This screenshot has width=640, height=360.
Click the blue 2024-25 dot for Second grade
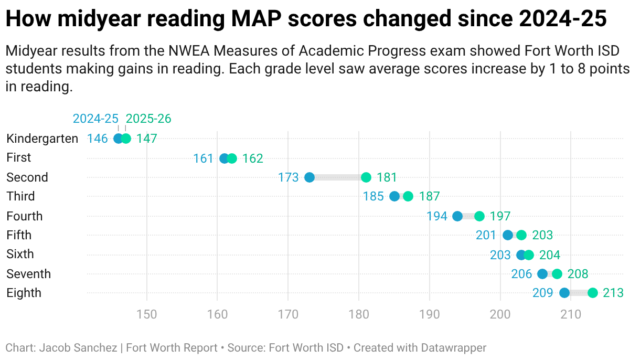[x=310, y=177]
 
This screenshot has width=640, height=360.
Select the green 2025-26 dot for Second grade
[x=366, y=177]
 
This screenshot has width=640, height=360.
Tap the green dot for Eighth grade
[x=593, y=293]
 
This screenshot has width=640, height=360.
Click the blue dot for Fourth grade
[x=457, y=216]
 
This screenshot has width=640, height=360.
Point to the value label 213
[x=613, y=293]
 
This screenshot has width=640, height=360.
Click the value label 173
[x=288, y=177]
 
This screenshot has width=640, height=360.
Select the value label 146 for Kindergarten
[x=97, y=139]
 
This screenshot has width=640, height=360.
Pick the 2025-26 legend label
[x=148, y=119]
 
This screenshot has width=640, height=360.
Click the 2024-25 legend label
[x=95, y=119]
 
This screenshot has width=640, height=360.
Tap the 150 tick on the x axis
[x=147, y=315]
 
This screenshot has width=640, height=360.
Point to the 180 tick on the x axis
[x=359, y=315]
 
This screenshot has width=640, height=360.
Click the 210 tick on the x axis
[x=571, y=315]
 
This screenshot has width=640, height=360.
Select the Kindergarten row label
[x=42, y=139]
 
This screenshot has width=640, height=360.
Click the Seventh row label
[x=28, y=274]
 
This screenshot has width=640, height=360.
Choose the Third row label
[x=20, y=196]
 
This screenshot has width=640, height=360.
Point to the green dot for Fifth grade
[x=521, y=235]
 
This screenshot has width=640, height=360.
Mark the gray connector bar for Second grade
[x=338, y=177]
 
